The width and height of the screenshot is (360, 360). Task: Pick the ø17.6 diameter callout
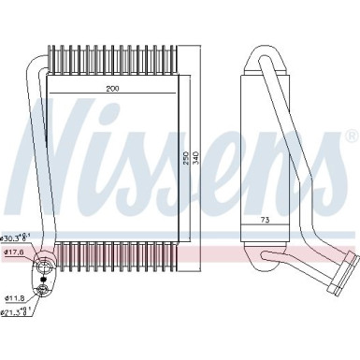pyautogui.click(x=13, y=252)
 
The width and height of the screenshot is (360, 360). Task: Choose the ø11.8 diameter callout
pyautogui.click(x=13, y=298)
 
